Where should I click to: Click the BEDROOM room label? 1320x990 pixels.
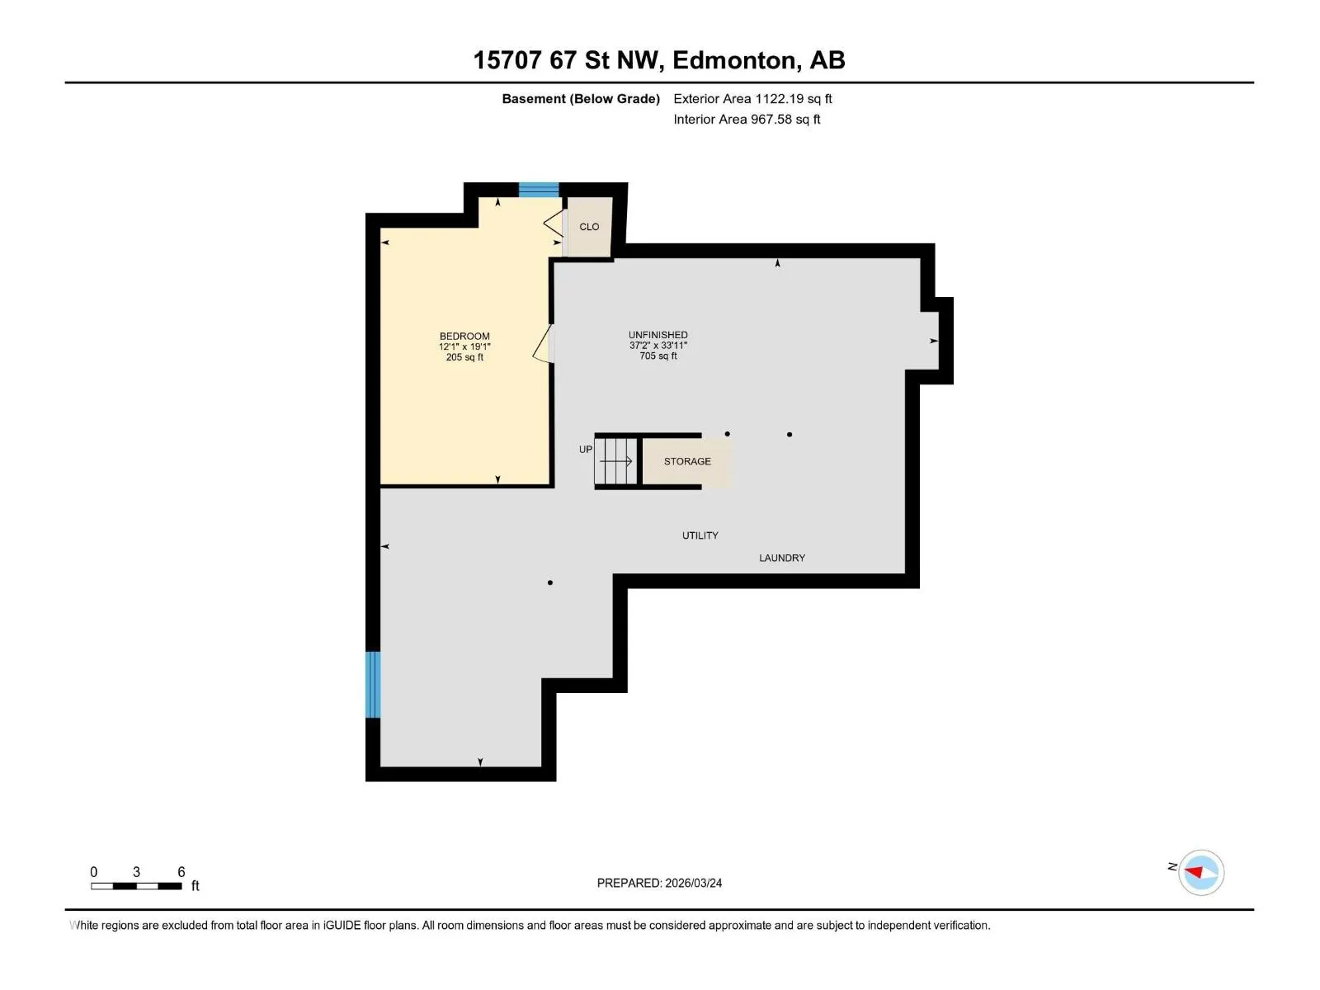(x=464, y=336)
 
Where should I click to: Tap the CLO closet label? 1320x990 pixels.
(x=589, y=227)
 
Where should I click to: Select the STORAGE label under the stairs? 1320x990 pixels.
(x=687, y=461)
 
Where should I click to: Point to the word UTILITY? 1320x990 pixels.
(x=700, y=535)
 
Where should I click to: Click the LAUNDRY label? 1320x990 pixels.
(x=782, y=558)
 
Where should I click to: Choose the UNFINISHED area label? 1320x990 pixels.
(x=658, y=335)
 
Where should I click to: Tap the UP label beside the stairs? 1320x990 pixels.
(x=585, y=449)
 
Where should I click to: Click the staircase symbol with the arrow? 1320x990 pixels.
(x=615, y=461)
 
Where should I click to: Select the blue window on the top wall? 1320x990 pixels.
(x=539, y=190)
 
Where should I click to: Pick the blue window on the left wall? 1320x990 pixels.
(x=373, y=685)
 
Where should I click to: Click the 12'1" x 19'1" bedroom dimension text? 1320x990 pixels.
(x=464, y=346)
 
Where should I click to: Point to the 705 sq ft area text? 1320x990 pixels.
(x=658, y=356)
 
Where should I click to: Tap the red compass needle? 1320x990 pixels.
(x=1194, y=871)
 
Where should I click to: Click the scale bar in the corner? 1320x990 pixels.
(x=136, y=886)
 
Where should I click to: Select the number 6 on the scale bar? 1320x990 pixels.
(x=181, y=871)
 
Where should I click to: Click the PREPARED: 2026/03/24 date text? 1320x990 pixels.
(x=659, y=883)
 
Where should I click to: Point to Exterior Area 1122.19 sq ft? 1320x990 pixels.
(x=752, y=98)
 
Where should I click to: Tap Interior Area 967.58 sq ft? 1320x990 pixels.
(x=747, y=119)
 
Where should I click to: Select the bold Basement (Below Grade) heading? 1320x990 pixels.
(x=581, y=98)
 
